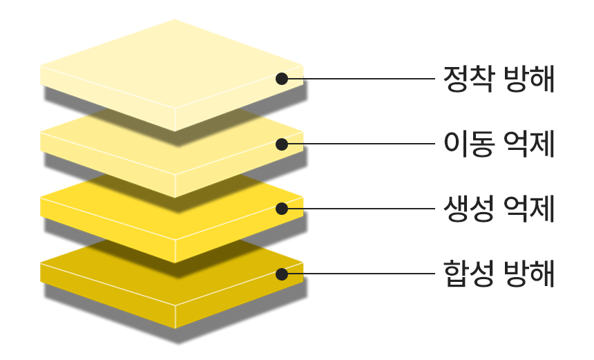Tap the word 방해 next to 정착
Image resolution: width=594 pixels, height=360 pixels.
pyautogui.click(x=529, y=79)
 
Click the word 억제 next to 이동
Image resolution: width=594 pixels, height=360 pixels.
pyautogui.click(x=529, y=144)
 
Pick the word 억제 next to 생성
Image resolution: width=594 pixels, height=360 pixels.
pyautogui.click(x=529, y=209)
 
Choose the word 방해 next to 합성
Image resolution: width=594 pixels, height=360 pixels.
pyautogui.click(x=529, y=274)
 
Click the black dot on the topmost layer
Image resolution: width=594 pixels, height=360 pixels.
pyautogui.click(x=282, y=79)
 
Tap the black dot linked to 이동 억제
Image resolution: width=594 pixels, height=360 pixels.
pyautogui.click(x=282, y=144)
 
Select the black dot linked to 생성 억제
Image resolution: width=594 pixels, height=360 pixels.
pyautogui.click(x=282, y=209)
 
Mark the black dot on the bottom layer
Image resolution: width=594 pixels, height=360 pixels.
pyautogui.click(x=282, y=274)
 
